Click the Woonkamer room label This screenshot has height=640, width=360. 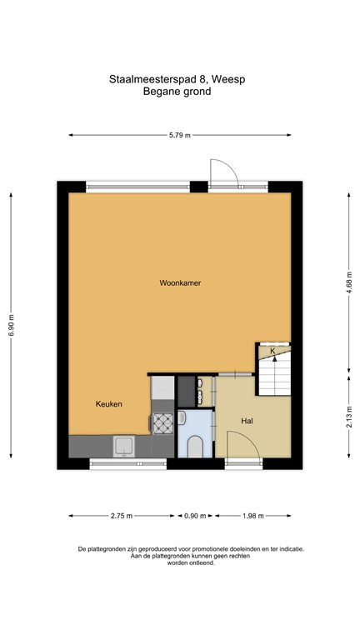[x=180, y=283]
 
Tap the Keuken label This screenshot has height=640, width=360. [x=108, y=404]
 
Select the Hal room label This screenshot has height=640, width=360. [x=247, y=421]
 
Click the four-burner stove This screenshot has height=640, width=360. [x=162, y=423]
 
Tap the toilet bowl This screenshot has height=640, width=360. [x=193, y=448]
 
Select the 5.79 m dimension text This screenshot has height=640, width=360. [x=180, y=135]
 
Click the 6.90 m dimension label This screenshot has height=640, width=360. [x=12, y=325]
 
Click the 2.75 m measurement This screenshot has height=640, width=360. [x=122, y=516]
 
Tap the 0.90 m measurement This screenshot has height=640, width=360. [x=196, y=516]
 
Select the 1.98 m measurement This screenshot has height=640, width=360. [x=252, y=516]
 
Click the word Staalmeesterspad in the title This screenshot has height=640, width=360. [x=154, y=80]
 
